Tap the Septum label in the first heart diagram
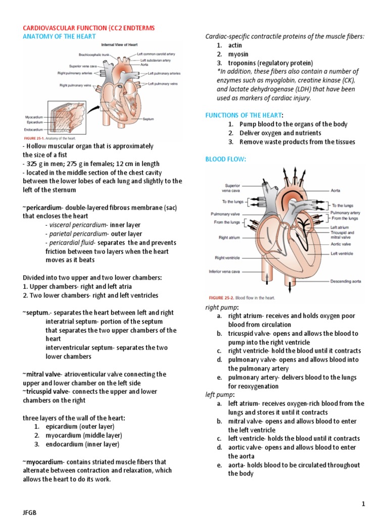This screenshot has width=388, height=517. (148, 119)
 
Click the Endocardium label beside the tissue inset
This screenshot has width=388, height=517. (34, 128)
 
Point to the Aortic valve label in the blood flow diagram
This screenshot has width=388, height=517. (341, 244)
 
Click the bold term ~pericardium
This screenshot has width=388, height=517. (42, 208)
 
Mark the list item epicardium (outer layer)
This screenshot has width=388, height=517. (75, 427)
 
